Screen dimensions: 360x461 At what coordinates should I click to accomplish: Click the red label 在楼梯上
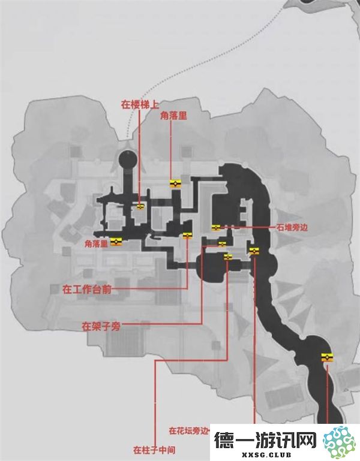coord(140,105)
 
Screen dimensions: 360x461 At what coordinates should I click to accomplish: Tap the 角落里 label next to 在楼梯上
coord(173,116)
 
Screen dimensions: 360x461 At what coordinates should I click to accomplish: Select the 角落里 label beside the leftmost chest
coord(96,244)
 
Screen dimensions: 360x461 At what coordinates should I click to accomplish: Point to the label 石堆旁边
coord(292,228)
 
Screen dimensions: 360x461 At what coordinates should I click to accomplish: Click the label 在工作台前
coord(87,290)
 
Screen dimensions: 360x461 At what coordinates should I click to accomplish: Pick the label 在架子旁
coord(101,326)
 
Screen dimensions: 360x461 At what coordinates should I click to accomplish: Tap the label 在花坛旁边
coord(188,430)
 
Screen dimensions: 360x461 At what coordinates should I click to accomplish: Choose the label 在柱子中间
coord(154,450)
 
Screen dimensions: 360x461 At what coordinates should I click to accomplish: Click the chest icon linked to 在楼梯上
coord(140,207)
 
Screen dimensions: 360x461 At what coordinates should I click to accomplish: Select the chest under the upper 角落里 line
coord(175,184)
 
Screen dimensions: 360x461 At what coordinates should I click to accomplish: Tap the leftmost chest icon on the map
coord(116,242)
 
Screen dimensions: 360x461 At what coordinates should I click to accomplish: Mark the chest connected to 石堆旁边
coord(216,228)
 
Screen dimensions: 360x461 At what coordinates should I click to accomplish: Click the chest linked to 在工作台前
coord(187,235)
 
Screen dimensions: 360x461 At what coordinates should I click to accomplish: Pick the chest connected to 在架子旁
coord(222,244)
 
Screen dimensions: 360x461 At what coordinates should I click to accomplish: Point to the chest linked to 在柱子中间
coord(228,257)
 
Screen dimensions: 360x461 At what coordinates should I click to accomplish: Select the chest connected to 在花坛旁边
coord(254,251)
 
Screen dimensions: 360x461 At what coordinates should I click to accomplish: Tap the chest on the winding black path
coord(327,357)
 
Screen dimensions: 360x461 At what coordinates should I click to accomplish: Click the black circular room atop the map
coord(128,159)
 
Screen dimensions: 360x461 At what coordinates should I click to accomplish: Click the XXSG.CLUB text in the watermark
coord(266,454)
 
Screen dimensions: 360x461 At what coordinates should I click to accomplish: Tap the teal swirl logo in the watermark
coord(340,442)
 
